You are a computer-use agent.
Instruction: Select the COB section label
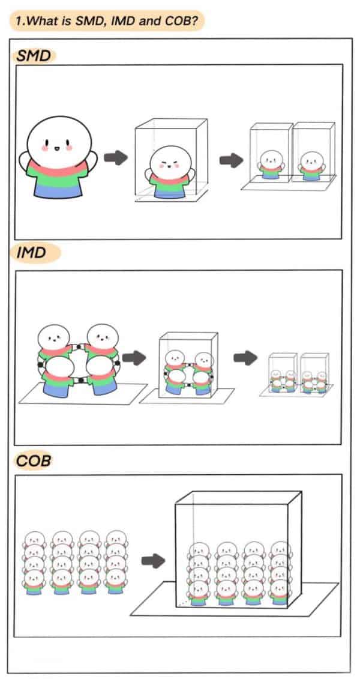point(34,461)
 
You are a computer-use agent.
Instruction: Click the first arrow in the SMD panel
point(116,158)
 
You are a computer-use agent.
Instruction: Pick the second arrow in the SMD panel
point(231,160)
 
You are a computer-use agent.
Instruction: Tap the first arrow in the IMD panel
point(134,358)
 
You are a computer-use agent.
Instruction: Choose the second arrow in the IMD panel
point(245,358)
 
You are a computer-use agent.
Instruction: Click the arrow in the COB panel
point(154,560)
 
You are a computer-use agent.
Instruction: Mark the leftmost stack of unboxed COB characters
point(35,563)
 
